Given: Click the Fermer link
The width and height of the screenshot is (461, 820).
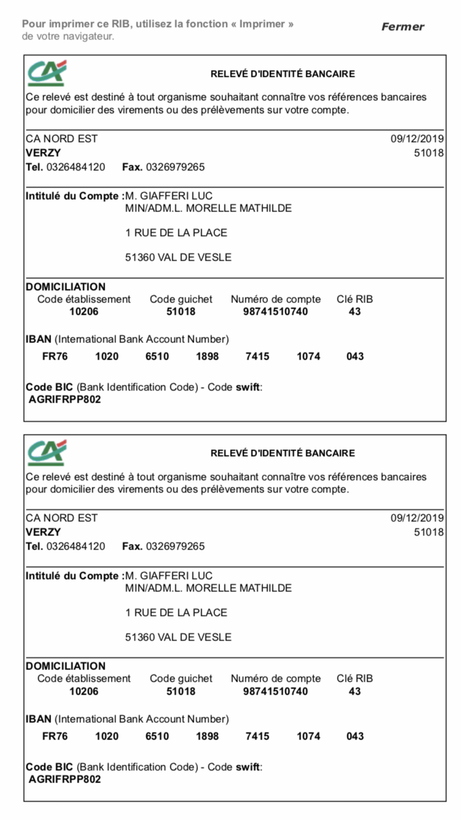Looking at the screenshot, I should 403,26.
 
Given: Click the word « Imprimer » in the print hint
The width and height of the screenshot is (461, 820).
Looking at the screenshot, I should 266,24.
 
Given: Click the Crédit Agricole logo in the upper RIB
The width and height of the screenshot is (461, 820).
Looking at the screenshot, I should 47,73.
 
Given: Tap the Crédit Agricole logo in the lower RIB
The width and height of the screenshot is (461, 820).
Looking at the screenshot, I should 47,453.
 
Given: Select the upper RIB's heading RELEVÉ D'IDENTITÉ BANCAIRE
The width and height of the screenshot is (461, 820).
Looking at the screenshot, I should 283,74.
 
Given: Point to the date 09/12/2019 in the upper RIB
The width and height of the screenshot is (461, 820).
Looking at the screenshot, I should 417,139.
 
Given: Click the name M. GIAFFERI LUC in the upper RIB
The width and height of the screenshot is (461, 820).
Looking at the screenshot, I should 168,196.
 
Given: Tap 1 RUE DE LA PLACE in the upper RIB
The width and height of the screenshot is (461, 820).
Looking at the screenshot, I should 176,233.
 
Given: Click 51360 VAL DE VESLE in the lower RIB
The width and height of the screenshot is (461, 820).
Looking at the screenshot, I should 178,637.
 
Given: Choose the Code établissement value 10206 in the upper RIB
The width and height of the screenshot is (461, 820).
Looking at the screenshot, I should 84,312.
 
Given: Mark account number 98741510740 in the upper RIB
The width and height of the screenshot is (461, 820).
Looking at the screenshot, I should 275,312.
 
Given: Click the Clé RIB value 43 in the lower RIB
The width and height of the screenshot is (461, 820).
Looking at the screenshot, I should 355,692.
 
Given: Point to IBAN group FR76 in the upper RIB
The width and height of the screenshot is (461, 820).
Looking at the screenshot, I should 55,357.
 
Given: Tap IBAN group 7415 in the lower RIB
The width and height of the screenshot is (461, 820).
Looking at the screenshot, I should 257,736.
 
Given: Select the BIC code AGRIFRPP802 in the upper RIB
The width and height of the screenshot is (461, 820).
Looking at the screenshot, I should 65,400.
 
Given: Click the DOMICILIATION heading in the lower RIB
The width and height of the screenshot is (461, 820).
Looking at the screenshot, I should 66,666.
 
